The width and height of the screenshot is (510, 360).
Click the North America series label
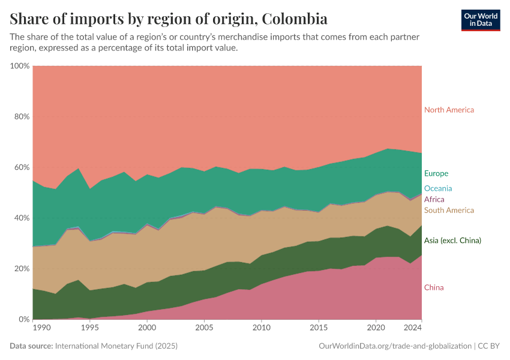449,110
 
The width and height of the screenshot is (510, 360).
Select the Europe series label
436,173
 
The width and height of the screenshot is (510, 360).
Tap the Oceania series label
438,188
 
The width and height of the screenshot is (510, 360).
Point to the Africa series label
434,199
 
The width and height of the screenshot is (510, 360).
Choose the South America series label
449,210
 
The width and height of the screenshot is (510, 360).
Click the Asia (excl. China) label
452,241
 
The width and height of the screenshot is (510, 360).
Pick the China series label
434,287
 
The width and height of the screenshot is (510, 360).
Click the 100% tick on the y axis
20,65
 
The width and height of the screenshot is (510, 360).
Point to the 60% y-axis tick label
22,167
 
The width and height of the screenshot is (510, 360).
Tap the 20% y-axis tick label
22,269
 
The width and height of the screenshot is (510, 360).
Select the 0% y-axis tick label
24,319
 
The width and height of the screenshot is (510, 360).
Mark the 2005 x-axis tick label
204,329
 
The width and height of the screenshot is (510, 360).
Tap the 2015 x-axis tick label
318,329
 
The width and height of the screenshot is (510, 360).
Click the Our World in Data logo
481,20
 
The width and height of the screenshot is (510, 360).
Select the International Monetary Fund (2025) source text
116,346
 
